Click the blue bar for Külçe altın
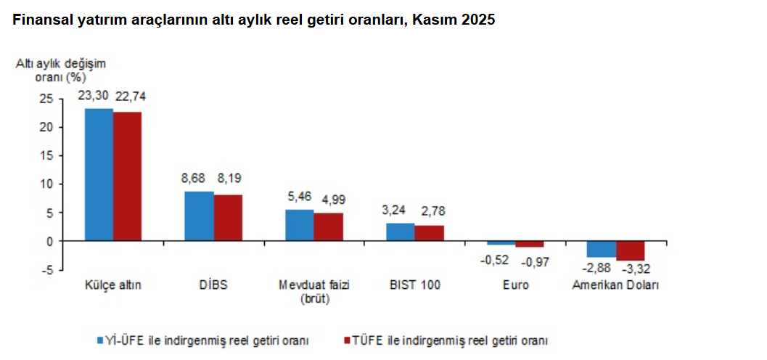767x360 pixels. (99, 174)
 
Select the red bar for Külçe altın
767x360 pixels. (127, 176)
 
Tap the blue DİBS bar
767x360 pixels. (199, 216)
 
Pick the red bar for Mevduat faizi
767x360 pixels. (328, 226)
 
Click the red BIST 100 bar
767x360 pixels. (429, 233)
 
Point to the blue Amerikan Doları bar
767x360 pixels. (602, 249)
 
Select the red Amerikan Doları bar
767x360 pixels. (630, 250)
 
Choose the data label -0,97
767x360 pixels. (537, 261)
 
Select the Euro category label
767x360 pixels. (515, 285)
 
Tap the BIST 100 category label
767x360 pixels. (414, 285)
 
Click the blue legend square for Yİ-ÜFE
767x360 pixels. (102, 340)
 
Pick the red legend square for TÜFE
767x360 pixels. (346, 340)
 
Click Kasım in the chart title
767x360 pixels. (434, 20)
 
